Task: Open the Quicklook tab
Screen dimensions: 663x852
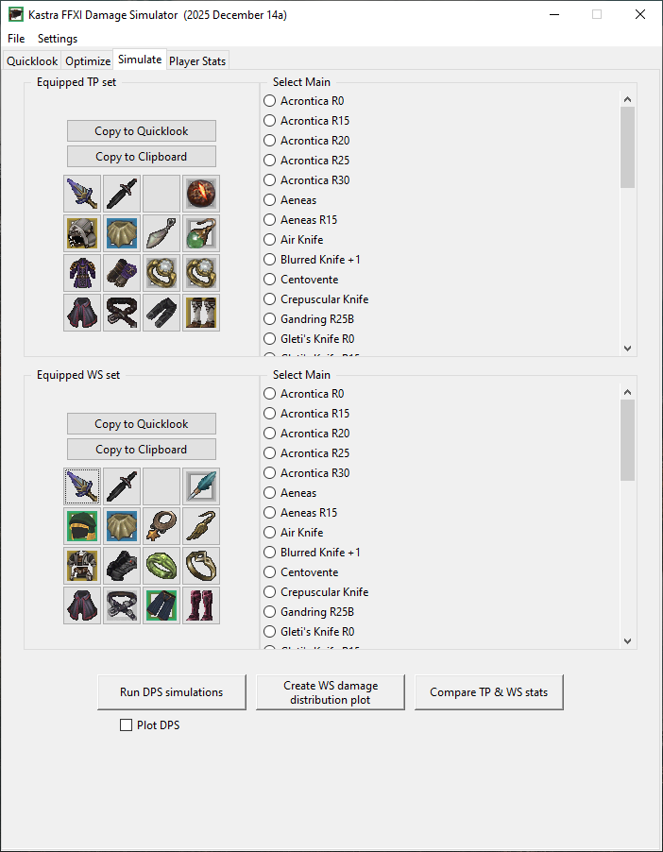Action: (32, 60)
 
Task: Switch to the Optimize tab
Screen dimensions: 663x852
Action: (87, 60)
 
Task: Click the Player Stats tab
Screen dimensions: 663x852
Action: (197, 60)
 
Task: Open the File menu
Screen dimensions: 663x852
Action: (16, 39)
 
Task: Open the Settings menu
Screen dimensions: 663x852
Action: (58, 39)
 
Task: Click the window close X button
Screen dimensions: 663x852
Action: (640, 14)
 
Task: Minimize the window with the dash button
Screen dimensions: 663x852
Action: (553, 14)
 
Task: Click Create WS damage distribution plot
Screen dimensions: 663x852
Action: (330, 692)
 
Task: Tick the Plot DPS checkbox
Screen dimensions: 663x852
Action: (126, 725)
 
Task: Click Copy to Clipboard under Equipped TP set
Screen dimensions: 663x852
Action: (142, 157)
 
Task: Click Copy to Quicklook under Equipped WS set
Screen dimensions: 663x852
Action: (142, 424)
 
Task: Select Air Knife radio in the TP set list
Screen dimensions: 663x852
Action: (270, 240)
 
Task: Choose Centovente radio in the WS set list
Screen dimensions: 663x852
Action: (270, 572)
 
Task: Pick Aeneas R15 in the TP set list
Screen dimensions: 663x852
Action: (270, 220)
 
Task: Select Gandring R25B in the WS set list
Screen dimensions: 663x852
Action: (270, 612)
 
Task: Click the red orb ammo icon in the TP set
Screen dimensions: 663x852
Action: (201, 194)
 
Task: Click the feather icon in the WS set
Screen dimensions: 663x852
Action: (201, 486)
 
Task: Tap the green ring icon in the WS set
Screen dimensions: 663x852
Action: (161, 566)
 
